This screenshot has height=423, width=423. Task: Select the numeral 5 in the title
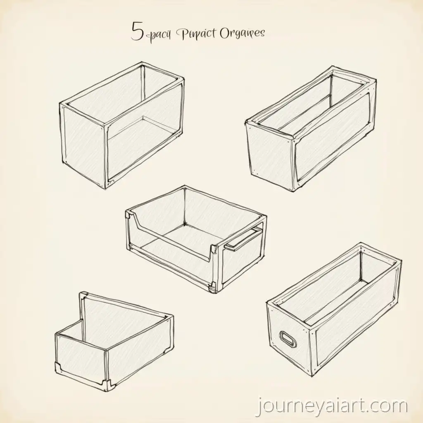[x=137, y=33]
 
